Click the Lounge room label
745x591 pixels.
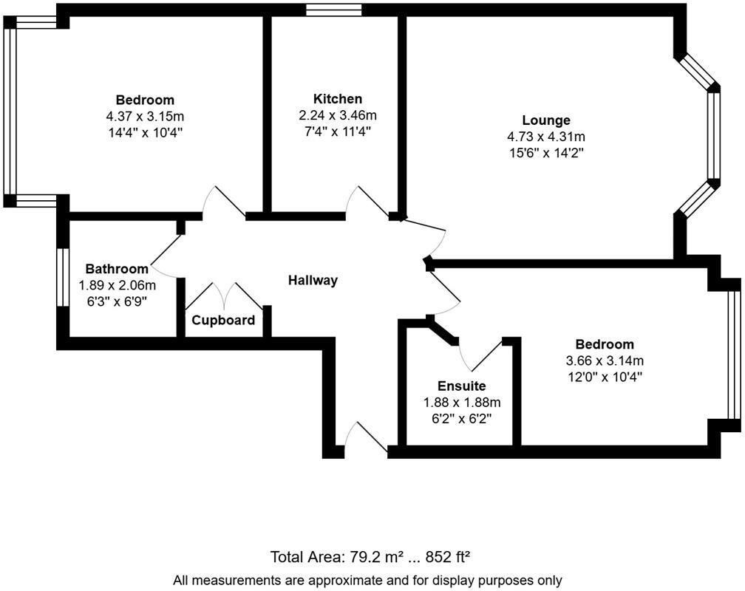[x=546, y=120]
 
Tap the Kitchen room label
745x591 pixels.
[x=338, y=99]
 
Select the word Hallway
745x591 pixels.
[x=313, y=280]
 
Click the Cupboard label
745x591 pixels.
[x=223, y=320]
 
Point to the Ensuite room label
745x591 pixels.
[x=461, y=386]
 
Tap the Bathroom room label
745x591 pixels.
[x=117, y=268]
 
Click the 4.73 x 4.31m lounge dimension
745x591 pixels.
[x=546, y=137]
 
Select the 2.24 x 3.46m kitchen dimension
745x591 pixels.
[x=338, y=115]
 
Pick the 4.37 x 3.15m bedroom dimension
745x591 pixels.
[x=145, y=116]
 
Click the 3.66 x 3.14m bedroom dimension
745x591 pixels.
[x=605, y=361]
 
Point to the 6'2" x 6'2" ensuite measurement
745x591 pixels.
[x=461, y=418]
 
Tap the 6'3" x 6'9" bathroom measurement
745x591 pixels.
[x=117, y=301]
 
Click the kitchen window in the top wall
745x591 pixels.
[x=334, y=10]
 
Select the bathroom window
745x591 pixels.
[x=63, y=277]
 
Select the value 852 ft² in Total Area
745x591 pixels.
[x=458, y=556]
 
